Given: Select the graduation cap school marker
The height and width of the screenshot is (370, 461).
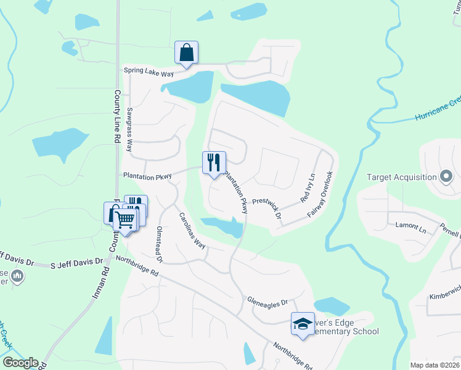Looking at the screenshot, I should (303, 324).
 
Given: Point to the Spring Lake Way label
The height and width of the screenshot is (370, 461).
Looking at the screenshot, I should (149, 71).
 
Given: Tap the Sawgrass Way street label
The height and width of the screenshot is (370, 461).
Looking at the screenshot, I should (129, 130).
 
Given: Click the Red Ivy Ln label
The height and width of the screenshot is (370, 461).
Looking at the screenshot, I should (307, 189).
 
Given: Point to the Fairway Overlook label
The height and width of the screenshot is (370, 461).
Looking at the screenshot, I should (321, 194).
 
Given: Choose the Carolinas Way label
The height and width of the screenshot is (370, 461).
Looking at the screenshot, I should (192, 230).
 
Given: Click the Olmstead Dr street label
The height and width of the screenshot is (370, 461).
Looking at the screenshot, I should (158, 245).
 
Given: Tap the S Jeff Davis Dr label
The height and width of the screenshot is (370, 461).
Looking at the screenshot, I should (76, 263).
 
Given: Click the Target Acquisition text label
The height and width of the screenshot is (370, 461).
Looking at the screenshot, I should (401, 178).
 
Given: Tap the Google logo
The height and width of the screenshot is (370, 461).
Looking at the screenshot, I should (20, 363).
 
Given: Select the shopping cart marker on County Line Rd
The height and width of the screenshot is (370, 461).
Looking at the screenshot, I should (126, 220).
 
